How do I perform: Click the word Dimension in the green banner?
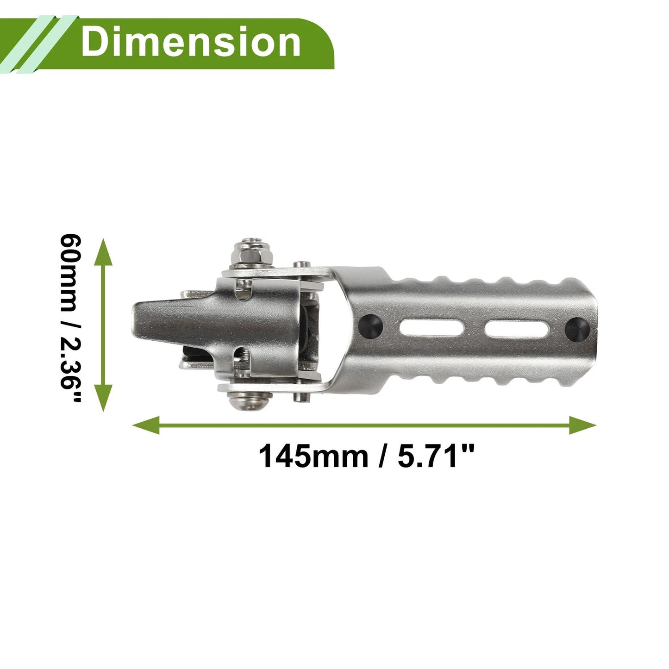191,43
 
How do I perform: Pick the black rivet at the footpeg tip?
577,329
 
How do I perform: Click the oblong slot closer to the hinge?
432,327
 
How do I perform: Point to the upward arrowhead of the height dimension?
103,252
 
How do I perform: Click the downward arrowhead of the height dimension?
103,398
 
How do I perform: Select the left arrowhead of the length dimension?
146,425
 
